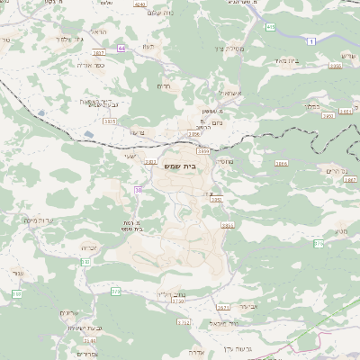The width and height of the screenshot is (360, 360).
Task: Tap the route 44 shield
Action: (x=121, y=59)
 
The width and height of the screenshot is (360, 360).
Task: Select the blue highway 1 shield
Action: (x=311, y=41)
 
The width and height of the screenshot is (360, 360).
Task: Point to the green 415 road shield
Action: (x=271, y=28)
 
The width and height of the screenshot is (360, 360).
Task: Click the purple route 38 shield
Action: (x=138, y=190)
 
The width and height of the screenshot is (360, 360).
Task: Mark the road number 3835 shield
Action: (x=110, y=121)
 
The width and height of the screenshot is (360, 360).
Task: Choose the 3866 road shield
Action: (x=282, y=164)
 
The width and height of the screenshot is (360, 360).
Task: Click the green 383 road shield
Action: (x=16, y=294)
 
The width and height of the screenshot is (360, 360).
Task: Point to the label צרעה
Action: (x=137, y=133)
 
